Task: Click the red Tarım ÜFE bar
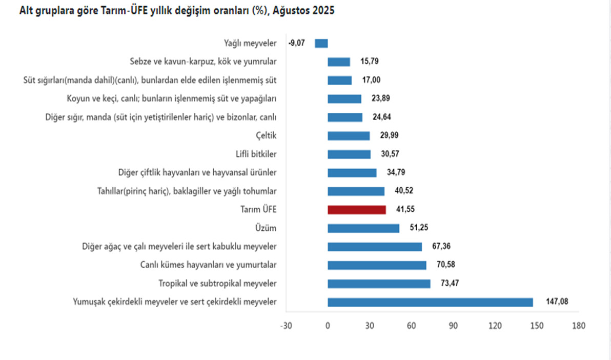(357, 210)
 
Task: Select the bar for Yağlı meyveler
(321, 44)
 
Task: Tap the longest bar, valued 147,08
(430, 302)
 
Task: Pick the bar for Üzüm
(363, 228)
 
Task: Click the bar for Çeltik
(349, 136)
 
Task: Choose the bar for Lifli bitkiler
(349, 154)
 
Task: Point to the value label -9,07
(297, 44)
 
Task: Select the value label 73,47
(447, 283)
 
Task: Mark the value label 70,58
(443, 265)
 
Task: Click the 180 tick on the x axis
(578, 326)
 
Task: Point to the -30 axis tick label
(286, 326)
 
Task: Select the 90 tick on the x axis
(453, 326)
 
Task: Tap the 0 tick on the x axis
(328, 326)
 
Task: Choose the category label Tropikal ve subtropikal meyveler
(218, 284)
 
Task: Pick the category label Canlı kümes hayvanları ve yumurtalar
(209, 265)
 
